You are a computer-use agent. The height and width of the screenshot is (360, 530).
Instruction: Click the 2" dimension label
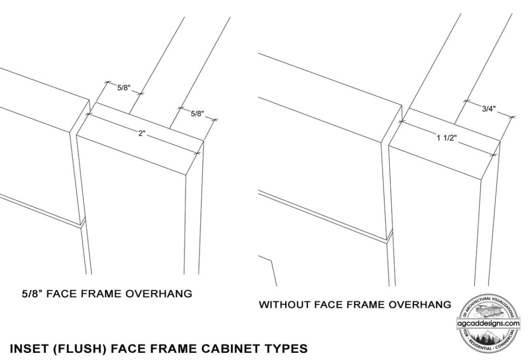click(x=142, y=133)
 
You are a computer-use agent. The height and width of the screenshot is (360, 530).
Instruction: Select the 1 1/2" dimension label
click(x=446, y=138)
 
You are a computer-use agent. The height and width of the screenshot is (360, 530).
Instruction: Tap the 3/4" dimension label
click(x=489, y=109)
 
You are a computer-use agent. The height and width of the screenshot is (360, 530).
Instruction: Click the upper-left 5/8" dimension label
click(x=124, y=88)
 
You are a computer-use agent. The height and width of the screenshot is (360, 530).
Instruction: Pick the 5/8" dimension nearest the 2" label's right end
click(x=197, y=113)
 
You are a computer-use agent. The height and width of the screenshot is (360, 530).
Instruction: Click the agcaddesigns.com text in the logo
click(x=489, y=323)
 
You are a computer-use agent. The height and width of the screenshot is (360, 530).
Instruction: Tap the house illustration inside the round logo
click(x=489, y=311)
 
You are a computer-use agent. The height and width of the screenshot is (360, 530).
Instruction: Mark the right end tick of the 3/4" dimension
click(x=512, y=117)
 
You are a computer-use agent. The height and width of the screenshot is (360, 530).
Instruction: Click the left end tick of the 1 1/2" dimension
click(x=402, y=121)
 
